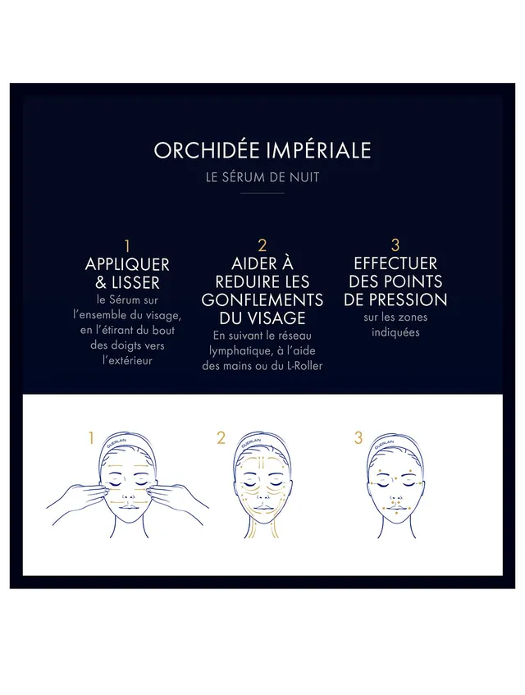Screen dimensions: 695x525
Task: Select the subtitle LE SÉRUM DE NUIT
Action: coord(262,177)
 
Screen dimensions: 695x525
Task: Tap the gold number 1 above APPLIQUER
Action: coord(127,245)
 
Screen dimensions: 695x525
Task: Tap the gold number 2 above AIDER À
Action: coord(262,245)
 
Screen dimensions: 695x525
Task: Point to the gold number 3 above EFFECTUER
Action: coord(395,245)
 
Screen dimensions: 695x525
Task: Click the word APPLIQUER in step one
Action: coord(127,264)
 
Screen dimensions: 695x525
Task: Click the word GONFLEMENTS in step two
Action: coord(262,299)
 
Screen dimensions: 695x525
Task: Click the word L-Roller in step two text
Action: coord(301,365)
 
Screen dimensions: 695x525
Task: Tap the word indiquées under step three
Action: coord(395,332)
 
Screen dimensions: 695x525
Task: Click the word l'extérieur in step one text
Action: coord(127,359)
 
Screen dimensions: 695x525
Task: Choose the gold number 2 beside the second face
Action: coord(221,438)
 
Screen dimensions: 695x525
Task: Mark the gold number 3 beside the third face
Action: coord(358,438)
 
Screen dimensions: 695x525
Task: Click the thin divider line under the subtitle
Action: coord(262,194)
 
